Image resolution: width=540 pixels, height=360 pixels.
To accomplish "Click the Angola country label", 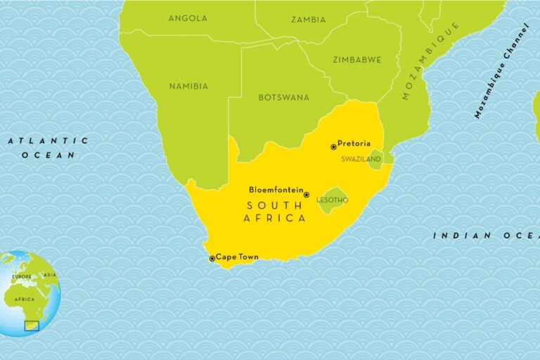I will pos(188,18).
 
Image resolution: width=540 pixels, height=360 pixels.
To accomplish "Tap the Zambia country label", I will pos(309,20).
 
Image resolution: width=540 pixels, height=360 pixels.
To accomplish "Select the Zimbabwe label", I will pos(356,60).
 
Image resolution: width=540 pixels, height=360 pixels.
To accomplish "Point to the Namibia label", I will pos(188,86).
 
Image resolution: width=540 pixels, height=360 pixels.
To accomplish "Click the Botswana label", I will pos(283,97).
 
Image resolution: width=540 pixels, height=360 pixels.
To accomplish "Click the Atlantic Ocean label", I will pos(48,148).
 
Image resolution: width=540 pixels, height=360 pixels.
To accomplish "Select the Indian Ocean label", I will pos(485,236).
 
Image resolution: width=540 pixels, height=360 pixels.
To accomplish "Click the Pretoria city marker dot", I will pos(333,147).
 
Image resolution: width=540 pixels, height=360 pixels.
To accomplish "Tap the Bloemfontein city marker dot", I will pos(307,195).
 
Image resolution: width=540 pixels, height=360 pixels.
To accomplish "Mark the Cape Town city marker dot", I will pos(212,259).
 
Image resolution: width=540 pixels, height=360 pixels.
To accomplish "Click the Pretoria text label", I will pos(354,143).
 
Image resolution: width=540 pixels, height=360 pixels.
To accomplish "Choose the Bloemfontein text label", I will pos(276,190).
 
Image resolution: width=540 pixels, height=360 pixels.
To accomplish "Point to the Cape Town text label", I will pos(237,257).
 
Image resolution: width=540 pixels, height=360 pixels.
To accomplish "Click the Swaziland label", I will pos(361,160).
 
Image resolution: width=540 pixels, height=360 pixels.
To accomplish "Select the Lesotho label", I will pos(332,200).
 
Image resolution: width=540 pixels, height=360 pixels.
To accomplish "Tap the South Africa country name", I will pos(274,212).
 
